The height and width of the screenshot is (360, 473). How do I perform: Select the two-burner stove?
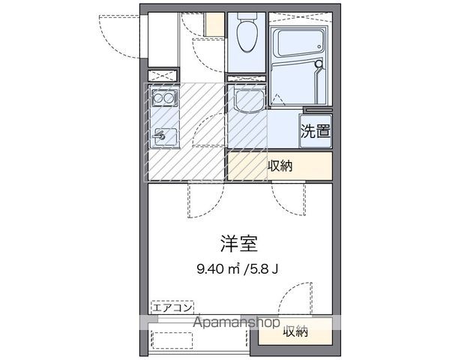pyautogui.click(x=164, y=97)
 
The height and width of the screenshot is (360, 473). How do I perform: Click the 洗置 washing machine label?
pyautogui.click(x=316, y=130)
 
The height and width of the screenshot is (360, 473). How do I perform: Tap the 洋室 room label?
pyautogui.click(x=238, y=244)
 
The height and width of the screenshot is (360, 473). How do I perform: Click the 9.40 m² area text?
pyautogui.click(x=218, y=268)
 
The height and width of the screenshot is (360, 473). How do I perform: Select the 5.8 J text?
pyautogui.click(x=262, y=268)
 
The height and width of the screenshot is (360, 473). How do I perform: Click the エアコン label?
pyautogui.click(x=172, y=307)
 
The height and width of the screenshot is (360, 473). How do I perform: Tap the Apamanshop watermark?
pyautogui.click(x=237, y=322)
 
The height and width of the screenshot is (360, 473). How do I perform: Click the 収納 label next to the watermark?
pyautogui.click(x=295, y=331)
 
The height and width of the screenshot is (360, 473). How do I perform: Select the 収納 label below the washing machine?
pyautogui.click(x=280, y=166)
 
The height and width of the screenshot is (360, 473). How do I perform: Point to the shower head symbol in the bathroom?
pyautogui.click(x=319, y=64)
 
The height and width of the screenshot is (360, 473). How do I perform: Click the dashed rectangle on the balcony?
pyautogui.click(x=172, y=340)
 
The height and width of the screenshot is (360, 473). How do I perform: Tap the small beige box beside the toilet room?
pyautogui.click(x=215, y=24)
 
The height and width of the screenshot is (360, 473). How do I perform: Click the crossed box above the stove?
pyautogui.click(x=163, y=76)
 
